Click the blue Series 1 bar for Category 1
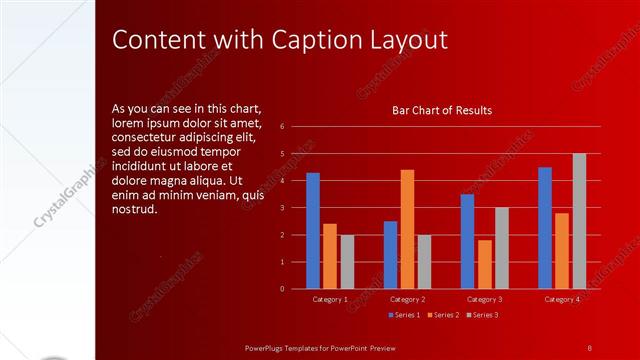(x=313, y=230)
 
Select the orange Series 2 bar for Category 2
(x=407, y=228)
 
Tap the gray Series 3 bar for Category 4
(x=579, y=220)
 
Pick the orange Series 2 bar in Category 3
(x=485, y=264)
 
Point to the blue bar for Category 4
(x=545, y=227)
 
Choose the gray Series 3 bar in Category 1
(x=347, y=261)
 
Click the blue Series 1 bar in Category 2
(x=390, y=254)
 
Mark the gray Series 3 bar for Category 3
(x=502, y=247)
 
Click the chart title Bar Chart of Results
(x=441, y=111)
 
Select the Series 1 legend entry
(x=404, y=315)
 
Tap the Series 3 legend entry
(x=482, y=315)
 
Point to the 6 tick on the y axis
(x=283, y=127)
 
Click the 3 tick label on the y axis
(x=283, y=208)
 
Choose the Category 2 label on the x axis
(x=407, y=299)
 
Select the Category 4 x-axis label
(x=562, y=299)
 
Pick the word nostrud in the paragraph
(x=135, y=208)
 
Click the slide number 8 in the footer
(x=590, y=347)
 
